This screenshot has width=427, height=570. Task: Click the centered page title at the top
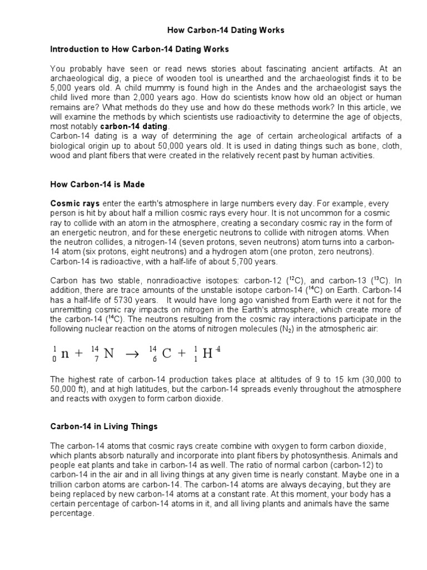click(226, 31)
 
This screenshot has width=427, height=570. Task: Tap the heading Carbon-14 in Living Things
click(104, 426)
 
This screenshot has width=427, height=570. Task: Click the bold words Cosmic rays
click(71, 204)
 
